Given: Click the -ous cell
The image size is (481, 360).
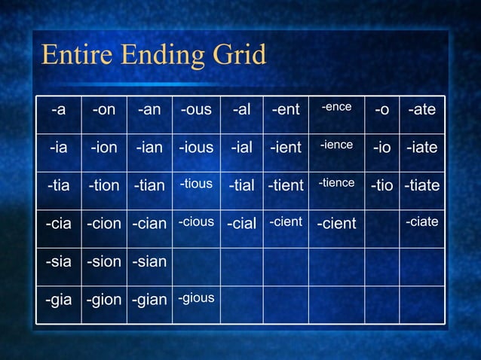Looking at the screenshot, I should pos(196,110).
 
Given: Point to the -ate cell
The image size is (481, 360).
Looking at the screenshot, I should pos(421,110).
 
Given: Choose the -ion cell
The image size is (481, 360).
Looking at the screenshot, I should pos(104,148).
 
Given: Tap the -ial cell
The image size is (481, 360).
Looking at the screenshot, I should pos(241,148).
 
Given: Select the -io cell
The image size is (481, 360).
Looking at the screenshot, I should pos(381,148).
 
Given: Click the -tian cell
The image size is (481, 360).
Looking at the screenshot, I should pos(149,185).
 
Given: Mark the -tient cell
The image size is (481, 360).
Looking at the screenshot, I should pos(286,185).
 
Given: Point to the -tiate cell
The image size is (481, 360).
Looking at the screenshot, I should pos(421,185).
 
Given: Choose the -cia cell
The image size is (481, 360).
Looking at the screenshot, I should pos(58,224).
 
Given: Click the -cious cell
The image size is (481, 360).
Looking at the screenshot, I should pos(196,222).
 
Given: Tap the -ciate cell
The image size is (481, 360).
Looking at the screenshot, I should pos(421,221).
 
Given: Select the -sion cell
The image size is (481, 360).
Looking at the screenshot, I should pos(104,261).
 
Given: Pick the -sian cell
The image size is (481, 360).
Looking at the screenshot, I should pos(149,261).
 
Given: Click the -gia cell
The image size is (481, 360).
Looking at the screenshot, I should pos(58,300).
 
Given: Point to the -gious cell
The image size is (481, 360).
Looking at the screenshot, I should pos(196,298).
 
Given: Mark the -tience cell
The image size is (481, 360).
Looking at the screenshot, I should pos(336,183).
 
